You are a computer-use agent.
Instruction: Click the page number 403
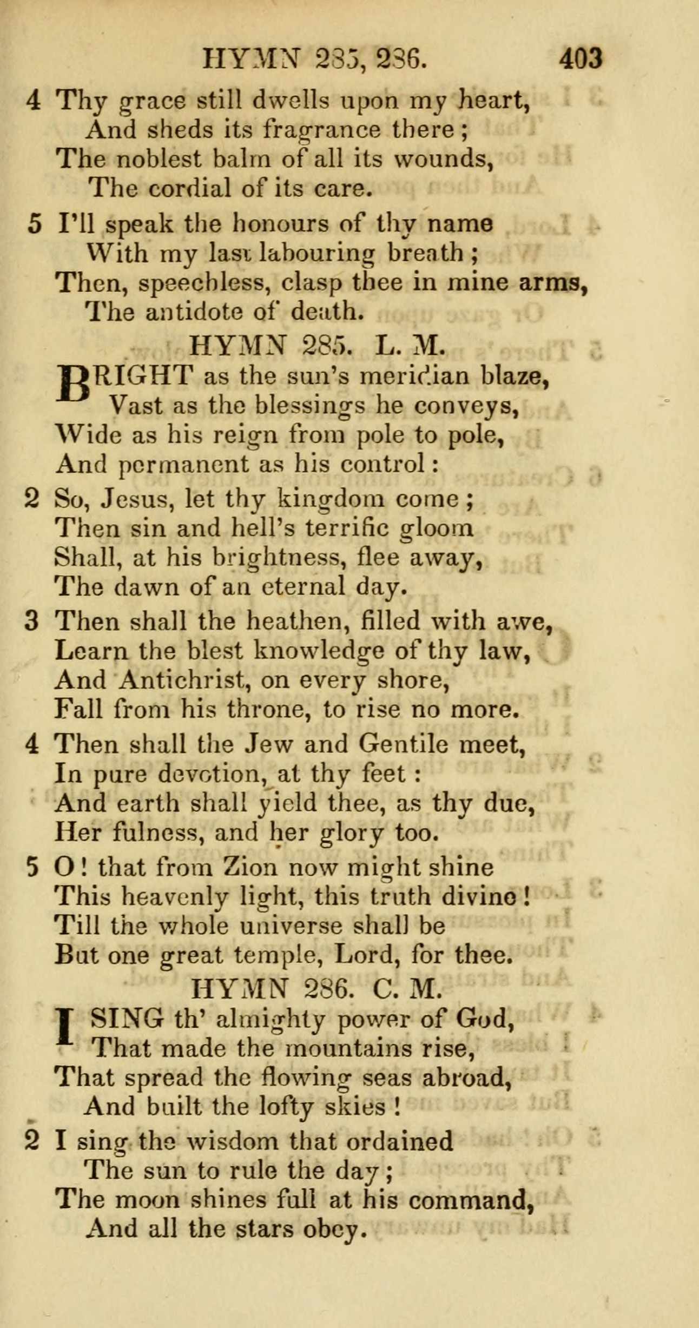tap(581, 58)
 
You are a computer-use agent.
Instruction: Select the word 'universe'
tap(291, 926)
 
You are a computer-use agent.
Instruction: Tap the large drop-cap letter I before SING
tap(65, 1028)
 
